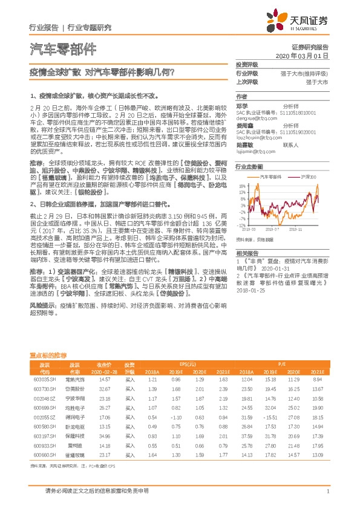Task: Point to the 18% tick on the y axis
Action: (242, 186)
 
